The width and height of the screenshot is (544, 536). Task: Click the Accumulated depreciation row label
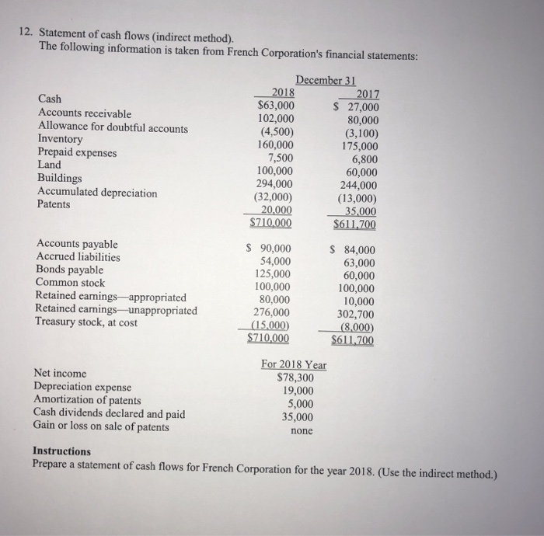[x=96, y=192]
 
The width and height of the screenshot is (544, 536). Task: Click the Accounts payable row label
[x=76, y=243]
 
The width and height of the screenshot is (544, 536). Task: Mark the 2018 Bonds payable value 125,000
[x=274, y=274]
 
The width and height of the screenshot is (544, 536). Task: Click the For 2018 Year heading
[x=294, y=365]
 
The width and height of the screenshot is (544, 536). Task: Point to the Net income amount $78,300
[x=296, y=378]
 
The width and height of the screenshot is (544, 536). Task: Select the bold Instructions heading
[x=61, y=451]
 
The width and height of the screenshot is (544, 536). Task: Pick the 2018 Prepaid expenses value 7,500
[x=279, y=158]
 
